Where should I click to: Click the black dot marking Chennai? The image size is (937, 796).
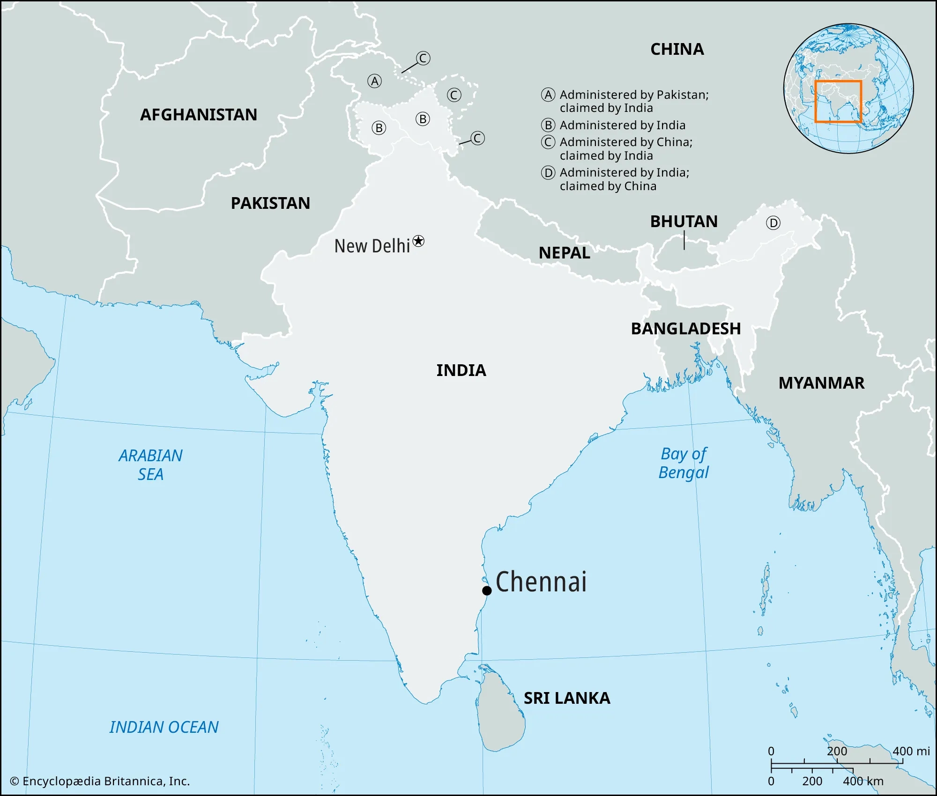tap(487, 590)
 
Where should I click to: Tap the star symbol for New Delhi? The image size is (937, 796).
tap(418, 241)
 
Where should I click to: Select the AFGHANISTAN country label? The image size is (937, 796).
tap(198, 115)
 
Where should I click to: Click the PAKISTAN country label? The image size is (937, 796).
tap(270, 203)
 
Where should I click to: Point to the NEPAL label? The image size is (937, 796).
tap(564, 253)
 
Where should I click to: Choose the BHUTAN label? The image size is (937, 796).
tap(684, 221)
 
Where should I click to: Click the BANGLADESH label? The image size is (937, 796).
tap(685, 329)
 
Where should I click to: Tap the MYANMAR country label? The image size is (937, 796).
tap(821, 383)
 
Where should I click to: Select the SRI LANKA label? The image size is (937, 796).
tap(567, 698)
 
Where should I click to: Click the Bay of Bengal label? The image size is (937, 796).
tap(684, 463)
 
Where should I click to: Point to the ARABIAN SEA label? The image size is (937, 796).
tap(150, 464)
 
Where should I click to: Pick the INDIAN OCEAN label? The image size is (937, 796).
tap(164, 727)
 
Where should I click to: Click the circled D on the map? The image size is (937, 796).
tap(773, 223)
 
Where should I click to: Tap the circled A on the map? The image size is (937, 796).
tap(374, 81)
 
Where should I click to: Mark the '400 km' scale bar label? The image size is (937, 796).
tap(863, 781)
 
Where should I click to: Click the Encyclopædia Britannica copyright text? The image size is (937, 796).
tap(100, 781)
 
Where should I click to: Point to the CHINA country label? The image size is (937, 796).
tap(677, 49)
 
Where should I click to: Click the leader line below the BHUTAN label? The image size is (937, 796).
tap(684, 241)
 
